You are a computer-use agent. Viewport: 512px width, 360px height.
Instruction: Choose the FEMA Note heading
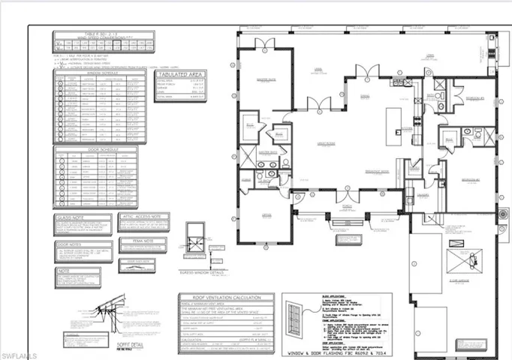[x=144, y=241]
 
